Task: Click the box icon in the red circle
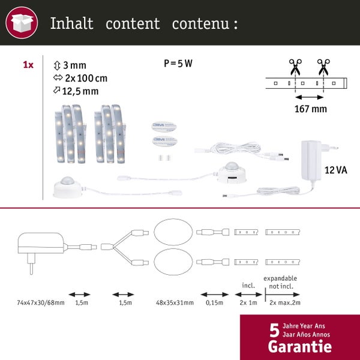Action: [22, 23]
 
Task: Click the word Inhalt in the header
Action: [71, 23]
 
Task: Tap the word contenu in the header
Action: [200, 23]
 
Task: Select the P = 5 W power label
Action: [178, 64]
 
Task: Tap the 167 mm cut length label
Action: [311, 109]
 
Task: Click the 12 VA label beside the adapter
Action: [335, 170]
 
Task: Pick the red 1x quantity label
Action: [28, 65]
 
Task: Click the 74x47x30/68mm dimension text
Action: [41, 302]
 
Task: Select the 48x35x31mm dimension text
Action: [175, 302]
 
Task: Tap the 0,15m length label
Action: [214, 302]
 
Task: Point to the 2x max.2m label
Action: [284, 302]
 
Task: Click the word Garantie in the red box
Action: [299, 346]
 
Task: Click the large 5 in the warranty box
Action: [274, 331]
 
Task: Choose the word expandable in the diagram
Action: [280, 278]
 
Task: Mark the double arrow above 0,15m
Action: [214, 295]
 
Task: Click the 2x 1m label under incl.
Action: [248, 302]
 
